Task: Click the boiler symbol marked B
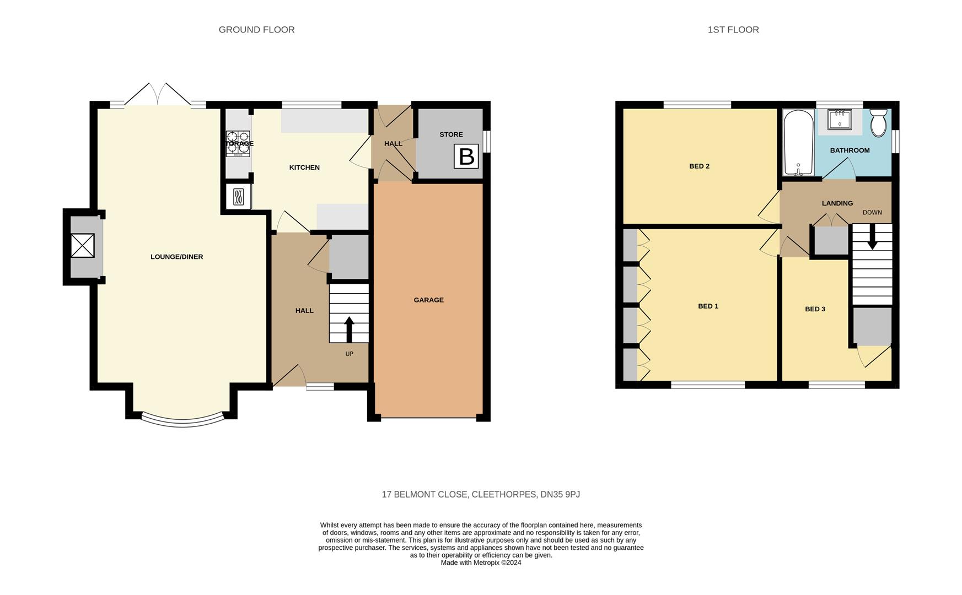(466, 156)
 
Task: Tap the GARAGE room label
(429, 300)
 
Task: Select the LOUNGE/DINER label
(177, 257)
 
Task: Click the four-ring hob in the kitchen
(238, 144)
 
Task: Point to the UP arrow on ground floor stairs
(349, 329)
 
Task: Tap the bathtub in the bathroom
(798, 143)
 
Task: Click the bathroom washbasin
(840, 119)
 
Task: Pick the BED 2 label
(699, 166)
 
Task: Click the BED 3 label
(815, 309)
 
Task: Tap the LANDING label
(837, 203)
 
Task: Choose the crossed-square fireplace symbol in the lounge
(83, 245)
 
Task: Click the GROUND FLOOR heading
(257, 30)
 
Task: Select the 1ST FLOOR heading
(733, 30)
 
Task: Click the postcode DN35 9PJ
(560, 495)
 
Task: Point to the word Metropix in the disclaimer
(487, 562)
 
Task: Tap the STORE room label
(451, 134)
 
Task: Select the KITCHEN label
(304, 167)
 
